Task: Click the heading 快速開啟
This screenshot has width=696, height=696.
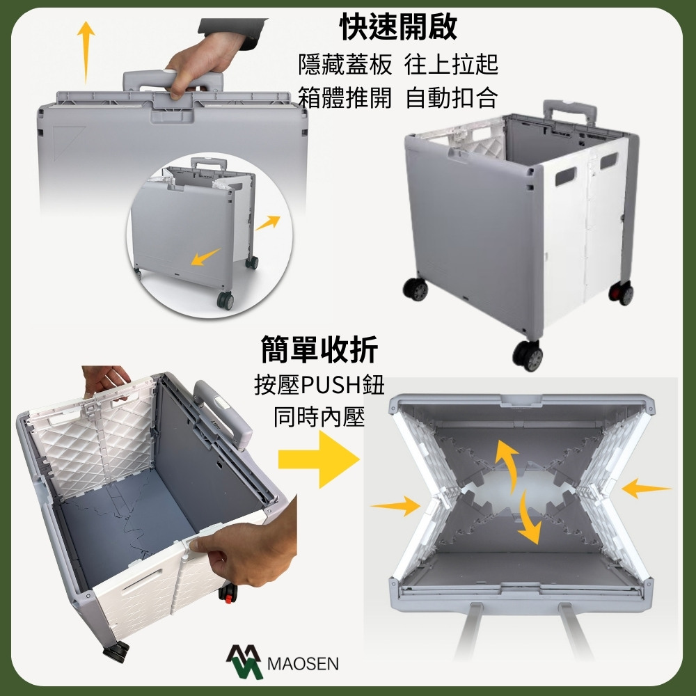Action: pos(397,26)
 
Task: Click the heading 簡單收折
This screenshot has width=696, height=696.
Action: pos(319,349)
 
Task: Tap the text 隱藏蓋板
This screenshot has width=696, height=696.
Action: pos(345,65)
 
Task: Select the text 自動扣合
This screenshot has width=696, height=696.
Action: pos(452,97)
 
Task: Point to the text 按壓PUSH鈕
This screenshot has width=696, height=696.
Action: pos(319,385)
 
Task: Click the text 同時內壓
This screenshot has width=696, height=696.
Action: pos(319,417)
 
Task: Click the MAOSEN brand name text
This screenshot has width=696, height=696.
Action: pos(303,663)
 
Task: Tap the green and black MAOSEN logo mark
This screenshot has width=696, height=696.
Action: pos(244,661)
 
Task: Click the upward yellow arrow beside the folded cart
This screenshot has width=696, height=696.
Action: pos(86,52)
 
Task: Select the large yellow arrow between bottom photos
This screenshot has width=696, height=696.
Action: pos(319,459)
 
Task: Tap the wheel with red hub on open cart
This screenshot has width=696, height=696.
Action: pos(621,293)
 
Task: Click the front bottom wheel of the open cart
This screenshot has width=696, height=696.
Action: pos(528,356)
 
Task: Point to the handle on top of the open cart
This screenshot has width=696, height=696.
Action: pos(569,112)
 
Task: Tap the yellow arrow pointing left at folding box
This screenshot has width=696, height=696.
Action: pos(646,489)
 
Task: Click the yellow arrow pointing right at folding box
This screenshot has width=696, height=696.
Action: pos(395,506)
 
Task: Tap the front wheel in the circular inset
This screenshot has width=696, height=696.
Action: pos(225,301)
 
